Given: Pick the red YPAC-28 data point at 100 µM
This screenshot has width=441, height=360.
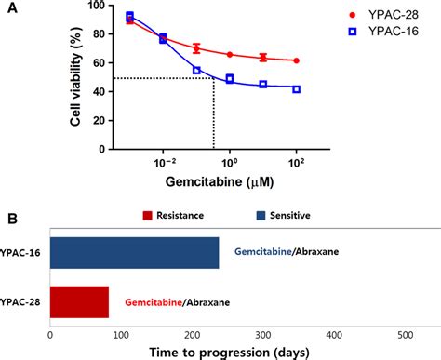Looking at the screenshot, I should coord(296,60).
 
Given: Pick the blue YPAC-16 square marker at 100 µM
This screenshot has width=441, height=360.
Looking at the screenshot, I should coord(296,89).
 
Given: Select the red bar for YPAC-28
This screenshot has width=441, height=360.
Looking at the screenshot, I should coord(79,302).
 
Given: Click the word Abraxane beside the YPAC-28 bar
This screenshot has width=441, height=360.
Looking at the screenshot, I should coord(198,303).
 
